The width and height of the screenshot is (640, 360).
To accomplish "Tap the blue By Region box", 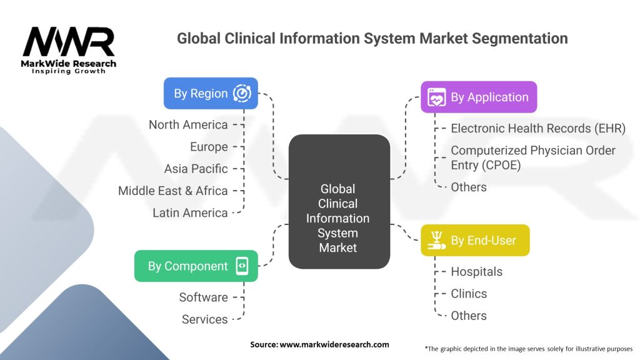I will coord(211,94).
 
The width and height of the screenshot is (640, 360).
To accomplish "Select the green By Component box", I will coord(196,266).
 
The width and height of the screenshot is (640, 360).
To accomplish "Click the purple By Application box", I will coord(478,97).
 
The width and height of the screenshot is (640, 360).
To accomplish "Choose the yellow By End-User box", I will coord(474,241).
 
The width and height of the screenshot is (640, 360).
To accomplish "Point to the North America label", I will coord(188,125).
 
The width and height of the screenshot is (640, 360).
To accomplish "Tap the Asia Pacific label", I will coord(196,169).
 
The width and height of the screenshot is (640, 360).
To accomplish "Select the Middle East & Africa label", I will coord(173,191).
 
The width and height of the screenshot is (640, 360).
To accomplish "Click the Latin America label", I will coord(190,213).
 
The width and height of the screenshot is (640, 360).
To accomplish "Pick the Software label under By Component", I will coord(203,297).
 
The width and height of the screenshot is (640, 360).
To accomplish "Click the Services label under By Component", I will coord(204,319).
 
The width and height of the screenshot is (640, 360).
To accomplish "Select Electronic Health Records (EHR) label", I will coord(538,128).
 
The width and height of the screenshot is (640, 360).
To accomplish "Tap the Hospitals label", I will coord(476,272).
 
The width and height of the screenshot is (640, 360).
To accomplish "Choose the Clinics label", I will coord(469,294).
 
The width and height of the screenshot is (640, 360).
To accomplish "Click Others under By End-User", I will coord(469,316).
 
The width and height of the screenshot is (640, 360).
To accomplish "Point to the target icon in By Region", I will coord(242,94).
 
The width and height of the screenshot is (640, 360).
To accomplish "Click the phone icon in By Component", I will coord(242,266).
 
